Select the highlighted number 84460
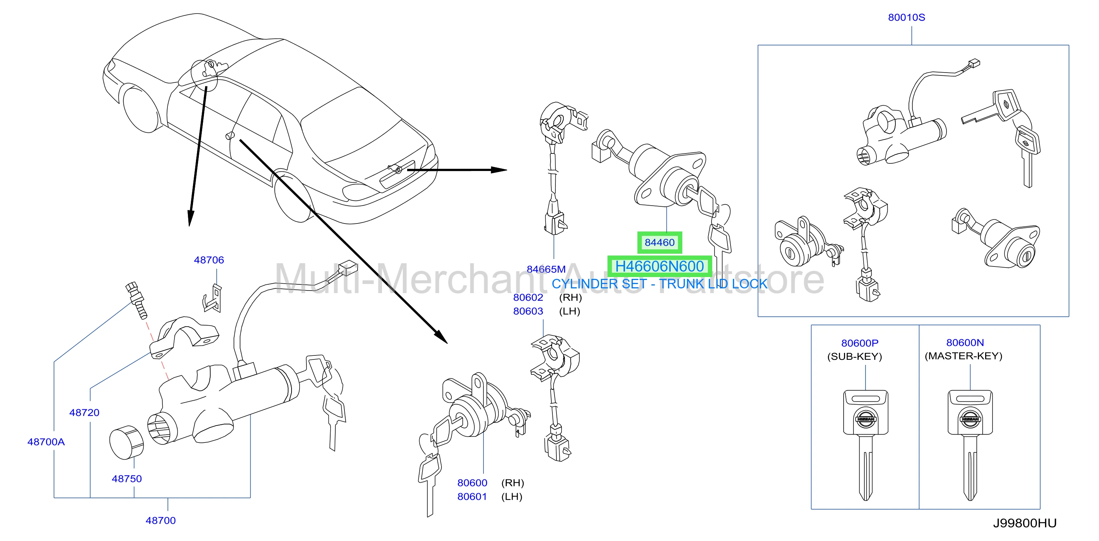pyautogui.click(x=660, y=242)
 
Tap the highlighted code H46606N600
pyautogui.click(x=660, y=266)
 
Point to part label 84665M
pyautogui.click(x=546, y=269)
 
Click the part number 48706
pyautogui.click(x=209, y=260)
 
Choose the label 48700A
pyautogui.click(x=46, y=442)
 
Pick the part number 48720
pyautogui.click(x=85, y=413)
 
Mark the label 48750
pyautogui.click(x=127, y=479)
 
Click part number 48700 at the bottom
pyautogui.click(x=161, y=521)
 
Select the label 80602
pyautogui.click(x=528, y=297)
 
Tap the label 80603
pyautogui.click(x=528, y=311)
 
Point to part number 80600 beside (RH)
pyautogui.click(x=472, y=483)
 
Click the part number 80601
pyautogui.click(x=472, y=497)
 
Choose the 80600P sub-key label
pyautogui.click(x=860, y=343)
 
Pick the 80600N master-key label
pyautogui.click(x=965, y=343)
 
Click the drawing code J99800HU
pyautogui.click(x=1025, y=524)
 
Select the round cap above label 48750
pyautogui.click(x=126, y=443)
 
